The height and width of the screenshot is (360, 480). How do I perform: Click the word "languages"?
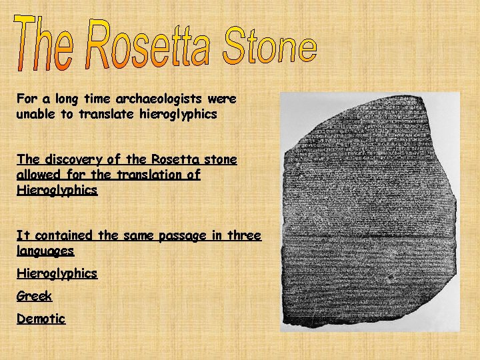[45, 252]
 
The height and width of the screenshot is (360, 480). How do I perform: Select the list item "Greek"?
[34, 296]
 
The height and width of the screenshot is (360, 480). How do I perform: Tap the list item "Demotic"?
[41, 319]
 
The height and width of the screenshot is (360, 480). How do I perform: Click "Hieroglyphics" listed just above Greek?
[57, 273]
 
